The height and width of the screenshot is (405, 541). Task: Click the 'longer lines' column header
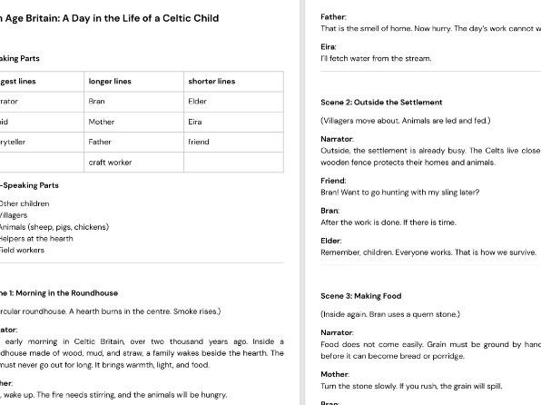(x=110, y=82)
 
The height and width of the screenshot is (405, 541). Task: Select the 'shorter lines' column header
(x=211, y=82)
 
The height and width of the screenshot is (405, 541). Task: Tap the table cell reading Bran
(x=97, y=102)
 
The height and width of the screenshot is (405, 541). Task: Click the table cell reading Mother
(x=102, y=122)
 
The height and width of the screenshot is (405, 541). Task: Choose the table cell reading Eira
(x=195, y=122)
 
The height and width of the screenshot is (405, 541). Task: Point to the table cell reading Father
(x=100, y=142)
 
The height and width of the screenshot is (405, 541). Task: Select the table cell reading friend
(x=198, y=142)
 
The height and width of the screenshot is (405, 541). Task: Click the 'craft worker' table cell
(x=110, y=162)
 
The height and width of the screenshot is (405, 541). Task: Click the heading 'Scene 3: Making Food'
(x=360, y=296)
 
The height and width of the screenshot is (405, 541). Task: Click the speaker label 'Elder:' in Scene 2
(x=331, y=241)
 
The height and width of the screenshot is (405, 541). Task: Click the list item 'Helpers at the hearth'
(x=37, y=238)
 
